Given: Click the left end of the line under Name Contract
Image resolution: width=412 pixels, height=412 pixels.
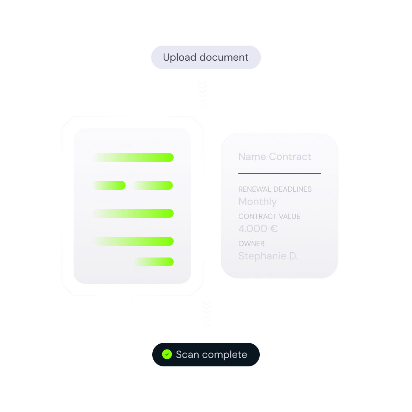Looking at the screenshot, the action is [x=239, y=173].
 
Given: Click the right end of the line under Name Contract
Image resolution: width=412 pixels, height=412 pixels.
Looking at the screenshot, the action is [x=320, y=173].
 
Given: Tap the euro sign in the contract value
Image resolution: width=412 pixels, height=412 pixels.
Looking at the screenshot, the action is [x=274, y=228].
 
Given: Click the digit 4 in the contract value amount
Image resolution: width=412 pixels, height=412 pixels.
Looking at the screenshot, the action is [x=241, y=228].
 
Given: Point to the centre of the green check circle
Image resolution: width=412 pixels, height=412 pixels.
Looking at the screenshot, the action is [x=167, y=354].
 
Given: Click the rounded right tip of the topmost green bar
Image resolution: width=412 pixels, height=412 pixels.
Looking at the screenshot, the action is [x=173, y=157].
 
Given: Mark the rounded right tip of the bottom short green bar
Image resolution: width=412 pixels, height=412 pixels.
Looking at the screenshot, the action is [x=173, y=262].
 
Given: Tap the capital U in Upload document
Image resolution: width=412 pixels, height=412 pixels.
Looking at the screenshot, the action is [x=166, y=57].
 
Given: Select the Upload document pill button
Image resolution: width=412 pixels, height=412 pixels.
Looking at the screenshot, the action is [x=206, y=57].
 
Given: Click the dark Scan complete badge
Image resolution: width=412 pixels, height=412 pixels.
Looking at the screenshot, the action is [x=206, y=355].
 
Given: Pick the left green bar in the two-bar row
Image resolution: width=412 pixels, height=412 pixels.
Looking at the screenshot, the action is [x=109, y=185].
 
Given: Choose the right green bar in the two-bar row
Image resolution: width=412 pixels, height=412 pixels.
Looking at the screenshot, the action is [x=153, y=185].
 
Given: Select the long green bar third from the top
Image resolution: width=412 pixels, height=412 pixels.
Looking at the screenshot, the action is [x=133, y=213].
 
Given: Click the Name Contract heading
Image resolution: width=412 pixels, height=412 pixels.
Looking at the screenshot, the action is [x=275, y=157].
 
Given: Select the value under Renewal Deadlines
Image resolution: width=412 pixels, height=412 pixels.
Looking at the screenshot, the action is [x=257, y=202].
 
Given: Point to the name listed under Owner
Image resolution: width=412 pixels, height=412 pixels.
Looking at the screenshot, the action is [x=268, y=256].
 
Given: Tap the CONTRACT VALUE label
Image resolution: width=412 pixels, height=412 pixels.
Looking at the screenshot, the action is [x=269, y=216].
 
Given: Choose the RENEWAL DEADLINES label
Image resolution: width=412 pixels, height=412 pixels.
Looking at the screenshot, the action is [x=275, y=189].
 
